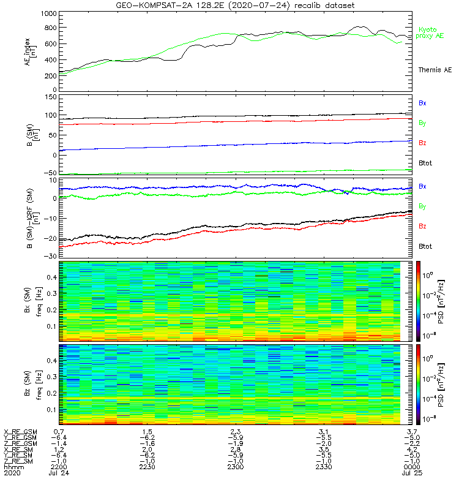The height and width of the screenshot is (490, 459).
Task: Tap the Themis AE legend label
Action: click(x=435, y=70)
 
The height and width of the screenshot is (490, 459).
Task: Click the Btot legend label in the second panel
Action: click(x=425, y=163)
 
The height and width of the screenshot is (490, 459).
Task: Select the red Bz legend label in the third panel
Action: click(x=422, y=227)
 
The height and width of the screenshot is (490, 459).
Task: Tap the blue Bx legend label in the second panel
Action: click(x=422, y=103)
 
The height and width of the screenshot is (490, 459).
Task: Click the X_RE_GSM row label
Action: click(x=20, y=432)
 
